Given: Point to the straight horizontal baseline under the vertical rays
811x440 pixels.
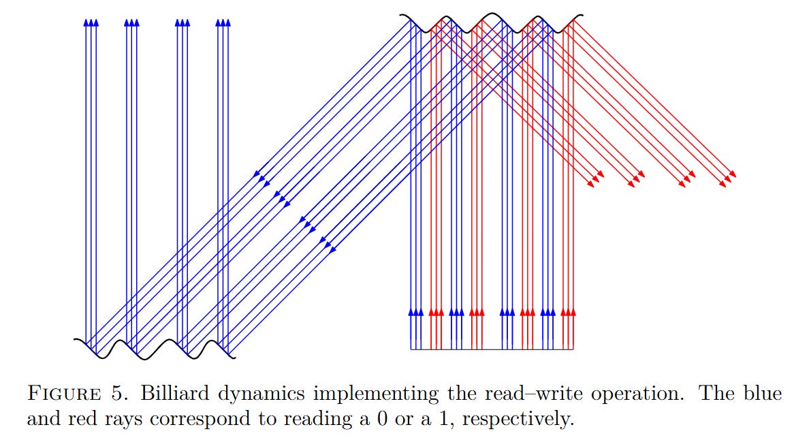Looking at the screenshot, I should (x=492, y=349).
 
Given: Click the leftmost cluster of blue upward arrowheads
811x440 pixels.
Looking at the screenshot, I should (x=91, y=22).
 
